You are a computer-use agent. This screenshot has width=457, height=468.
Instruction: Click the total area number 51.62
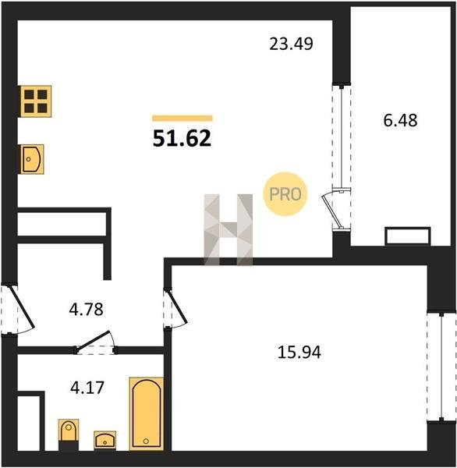point(182,139)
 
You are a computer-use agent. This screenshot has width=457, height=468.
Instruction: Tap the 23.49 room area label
point(291,44)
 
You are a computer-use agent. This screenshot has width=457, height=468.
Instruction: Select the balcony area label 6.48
point(400,121)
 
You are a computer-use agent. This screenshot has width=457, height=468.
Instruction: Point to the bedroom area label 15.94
point(299,352)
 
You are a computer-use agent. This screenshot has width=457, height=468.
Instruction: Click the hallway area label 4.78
point(87,309)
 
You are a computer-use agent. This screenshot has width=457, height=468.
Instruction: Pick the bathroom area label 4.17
point(87,388)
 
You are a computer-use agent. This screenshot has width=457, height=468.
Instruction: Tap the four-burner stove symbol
point(36,101)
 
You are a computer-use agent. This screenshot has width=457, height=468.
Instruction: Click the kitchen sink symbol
point(32,159)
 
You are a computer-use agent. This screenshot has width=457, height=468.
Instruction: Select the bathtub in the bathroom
point(147,413)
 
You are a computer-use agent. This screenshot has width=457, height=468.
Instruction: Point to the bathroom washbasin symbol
point(105,440)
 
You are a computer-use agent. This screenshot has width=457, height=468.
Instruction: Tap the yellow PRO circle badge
point(285,194)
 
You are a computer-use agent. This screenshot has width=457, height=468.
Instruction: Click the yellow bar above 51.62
point(182,119)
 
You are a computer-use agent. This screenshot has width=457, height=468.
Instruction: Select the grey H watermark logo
point(228,229)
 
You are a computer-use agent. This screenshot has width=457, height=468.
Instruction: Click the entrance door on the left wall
point(23,307)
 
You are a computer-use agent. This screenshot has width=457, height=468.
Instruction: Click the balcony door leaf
point(332,211)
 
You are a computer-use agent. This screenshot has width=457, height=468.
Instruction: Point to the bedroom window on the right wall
point(441,367)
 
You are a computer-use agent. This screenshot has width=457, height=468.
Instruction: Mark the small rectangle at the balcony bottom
point(408,236)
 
